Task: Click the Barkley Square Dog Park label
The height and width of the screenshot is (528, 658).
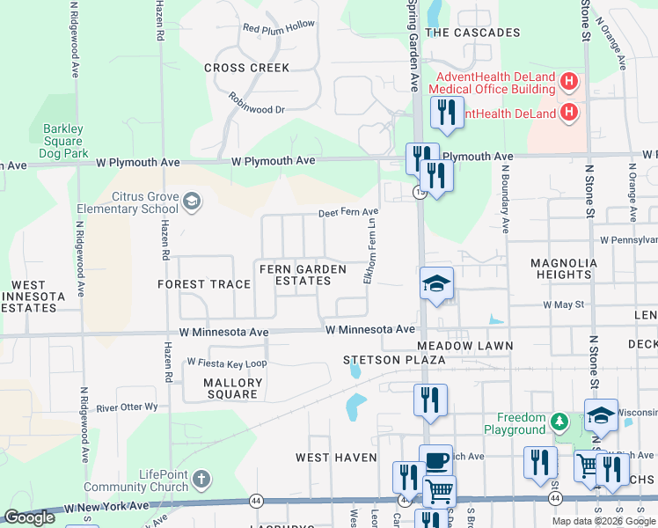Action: (63, 141)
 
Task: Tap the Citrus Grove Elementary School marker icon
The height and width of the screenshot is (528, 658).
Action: (191, 203)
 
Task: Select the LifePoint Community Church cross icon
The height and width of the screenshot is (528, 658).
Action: (201, 480)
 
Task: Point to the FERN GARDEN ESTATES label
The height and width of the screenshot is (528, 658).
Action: (296, 274)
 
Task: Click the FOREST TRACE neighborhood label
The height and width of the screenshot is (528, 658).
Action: (204, 284)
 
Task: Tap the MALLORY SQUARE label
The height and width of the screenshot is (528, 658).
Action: (233, 388)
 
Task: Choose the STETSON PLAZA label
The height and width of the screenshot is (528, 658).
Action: (394, 360)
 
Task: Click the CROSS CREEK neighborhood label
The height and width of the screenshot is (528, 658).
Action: (246, 68)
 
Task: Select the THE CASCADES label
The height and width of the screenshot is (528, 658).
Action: (472, 33)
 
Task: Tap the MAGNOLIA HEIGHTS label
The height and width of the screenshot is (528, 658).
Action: (563, 268)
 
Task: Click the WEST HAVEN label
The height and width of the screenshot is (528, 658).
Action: (336, 458)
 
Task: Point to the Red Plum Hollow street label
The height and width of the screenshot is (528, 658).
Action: (279, 27)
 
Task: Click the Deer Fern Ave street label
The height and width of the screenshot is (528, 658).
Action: (347, 212)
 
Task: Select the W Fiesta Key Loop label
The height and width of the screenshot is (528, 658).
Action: (226, 363)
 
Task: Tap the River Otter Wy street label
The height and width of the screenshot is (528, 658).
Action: (127, 407)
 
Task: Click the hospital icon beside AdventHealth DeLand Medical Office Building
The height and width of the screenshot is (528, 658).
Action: (569, 83)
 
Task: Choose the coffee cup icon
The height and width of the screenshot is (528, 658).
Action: (435, 459)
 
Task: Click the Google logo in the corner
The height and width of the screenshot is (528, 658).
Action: (29, 517)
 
